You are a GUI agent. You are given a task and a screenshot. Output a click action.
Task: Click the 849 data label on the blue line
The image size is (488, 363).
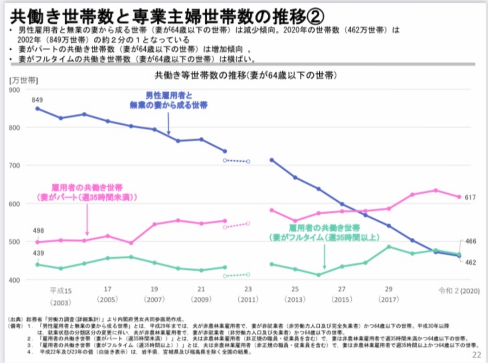pos(38,100)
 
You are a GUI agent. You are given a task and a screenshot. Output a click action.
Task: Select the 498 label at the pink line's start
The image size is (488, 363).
pos(38,231)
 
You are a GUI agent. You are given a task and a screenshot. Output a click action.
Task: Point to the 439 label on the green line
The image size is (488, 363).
pos(38,253)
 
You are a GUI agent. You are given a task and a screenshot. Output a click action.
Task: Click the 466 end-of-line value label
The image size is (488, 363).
pos(471,242)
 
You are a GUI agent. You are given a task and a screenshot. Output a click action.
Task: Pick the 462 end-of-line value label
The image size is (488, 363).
pos(471,262)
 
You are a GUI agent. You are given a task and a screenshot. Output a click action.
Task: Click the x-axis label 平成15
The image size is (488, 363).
pos(61,289)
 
